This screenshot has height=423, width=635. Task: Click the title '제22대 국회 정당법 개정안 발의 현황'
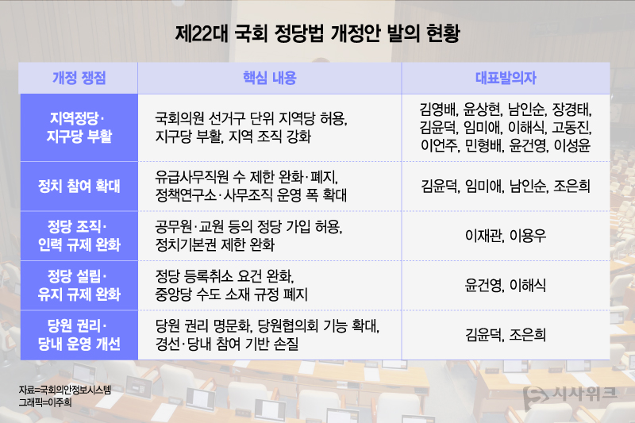click(x=317, y=36)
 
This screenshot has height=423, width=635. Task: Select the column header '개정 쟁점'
click(x=79, y=78)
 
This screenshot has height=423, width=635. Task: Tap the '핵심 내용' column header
click(x=269, y=78)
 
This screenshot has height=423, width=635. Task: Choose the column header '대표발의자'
click(x=506, y=78)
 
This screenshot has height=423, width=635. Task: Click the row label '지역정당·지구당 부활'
click(x=79, y=127)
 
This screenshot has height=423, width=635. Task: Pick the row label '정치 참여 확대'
click(x=79, y=187)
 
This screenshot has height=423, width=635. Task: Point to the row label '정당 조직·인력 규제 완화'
click(x=79, y=236)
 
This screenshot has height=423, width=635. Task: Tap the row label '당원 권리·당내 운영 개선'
click(x=79, y=335)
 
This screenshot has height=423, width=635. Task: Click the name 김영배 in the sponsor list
click(x=437, y=109)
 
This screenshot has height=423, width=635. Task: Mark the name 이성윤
click(x=573, y=145)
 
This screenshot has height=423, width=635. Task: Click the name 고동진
click(x=573, y=127)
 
